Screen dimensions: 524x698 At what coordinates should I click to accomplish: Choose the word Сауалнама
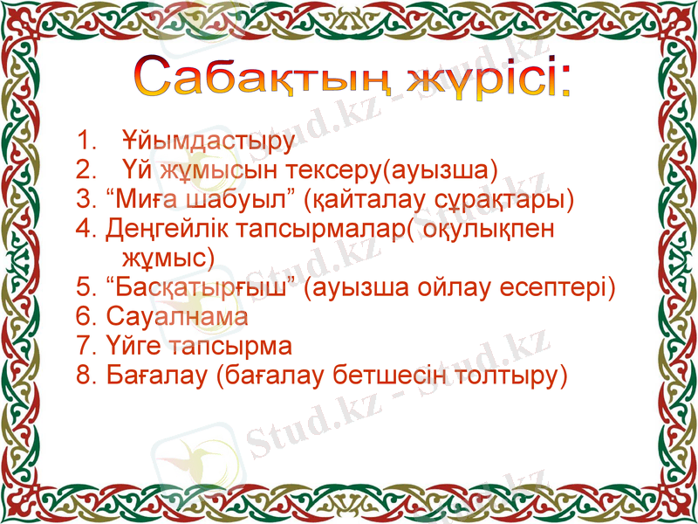coord(177,317)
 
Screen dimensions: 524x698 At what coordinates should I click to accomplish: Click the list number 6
coord(84,317)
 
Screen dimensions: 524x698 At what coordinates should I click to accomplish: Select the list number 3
coord(84,199)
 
